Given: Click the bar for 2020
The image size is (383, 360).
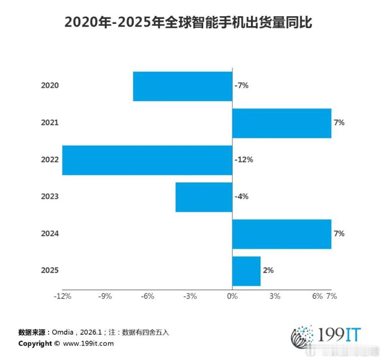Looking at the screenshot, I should (x=182, y=86).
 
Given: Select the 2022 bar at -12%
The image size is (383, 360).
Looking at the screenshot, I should (x=147, y=160).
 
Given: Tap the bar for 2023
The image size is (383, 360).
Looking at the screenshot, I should (x=204, y=197).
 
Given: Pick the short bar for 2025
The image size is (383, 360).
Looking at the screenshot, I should (x=246, y=271).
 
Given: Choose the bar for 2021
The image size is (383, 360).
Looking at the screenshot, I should (x=282, y=123).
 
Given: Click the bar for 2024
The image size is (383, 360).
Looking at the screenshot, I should (x=282, y=234).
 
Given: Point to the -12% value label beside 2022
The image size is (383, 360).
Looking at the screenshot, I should (x=244, y=159).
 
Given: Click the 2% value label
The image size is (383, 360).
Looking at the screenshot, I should (x=268, y=270).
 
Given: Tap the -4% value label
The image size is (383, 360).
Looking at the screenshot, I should (x=242, y=196).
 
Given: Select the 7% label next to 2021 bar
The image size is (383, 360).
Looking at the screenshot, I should (x=339, y=123).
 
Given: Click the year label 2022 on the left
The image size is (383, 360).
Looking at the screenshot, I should (x=50, y=160).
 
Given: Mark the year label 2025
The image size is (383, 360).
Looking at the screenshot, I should (x=50, y=271).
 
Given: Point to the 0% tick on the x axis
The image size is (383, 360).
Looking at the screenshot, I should (x=232, y=296).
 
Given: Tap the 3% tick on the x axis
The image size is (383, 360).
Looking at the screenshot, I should (x=275, y=296).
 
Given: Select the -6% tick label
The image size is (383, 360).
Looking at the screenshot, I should (x=147, y=296).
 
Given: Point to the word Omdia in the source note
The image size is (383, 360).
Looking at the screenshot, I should (x=65, y=333).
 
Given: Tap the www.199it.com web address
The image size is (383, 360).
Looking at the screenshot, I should (x=88, y=344).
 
